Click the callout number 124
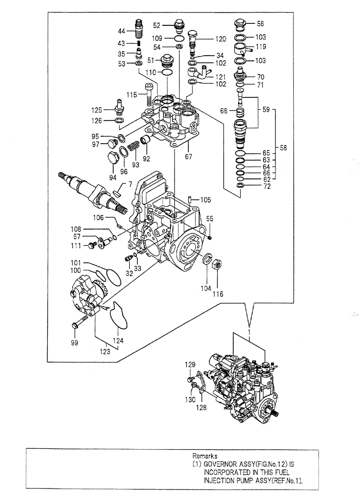(119, 341)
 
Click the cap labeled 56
(241, 24)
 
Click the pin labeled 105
(191, 200)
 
